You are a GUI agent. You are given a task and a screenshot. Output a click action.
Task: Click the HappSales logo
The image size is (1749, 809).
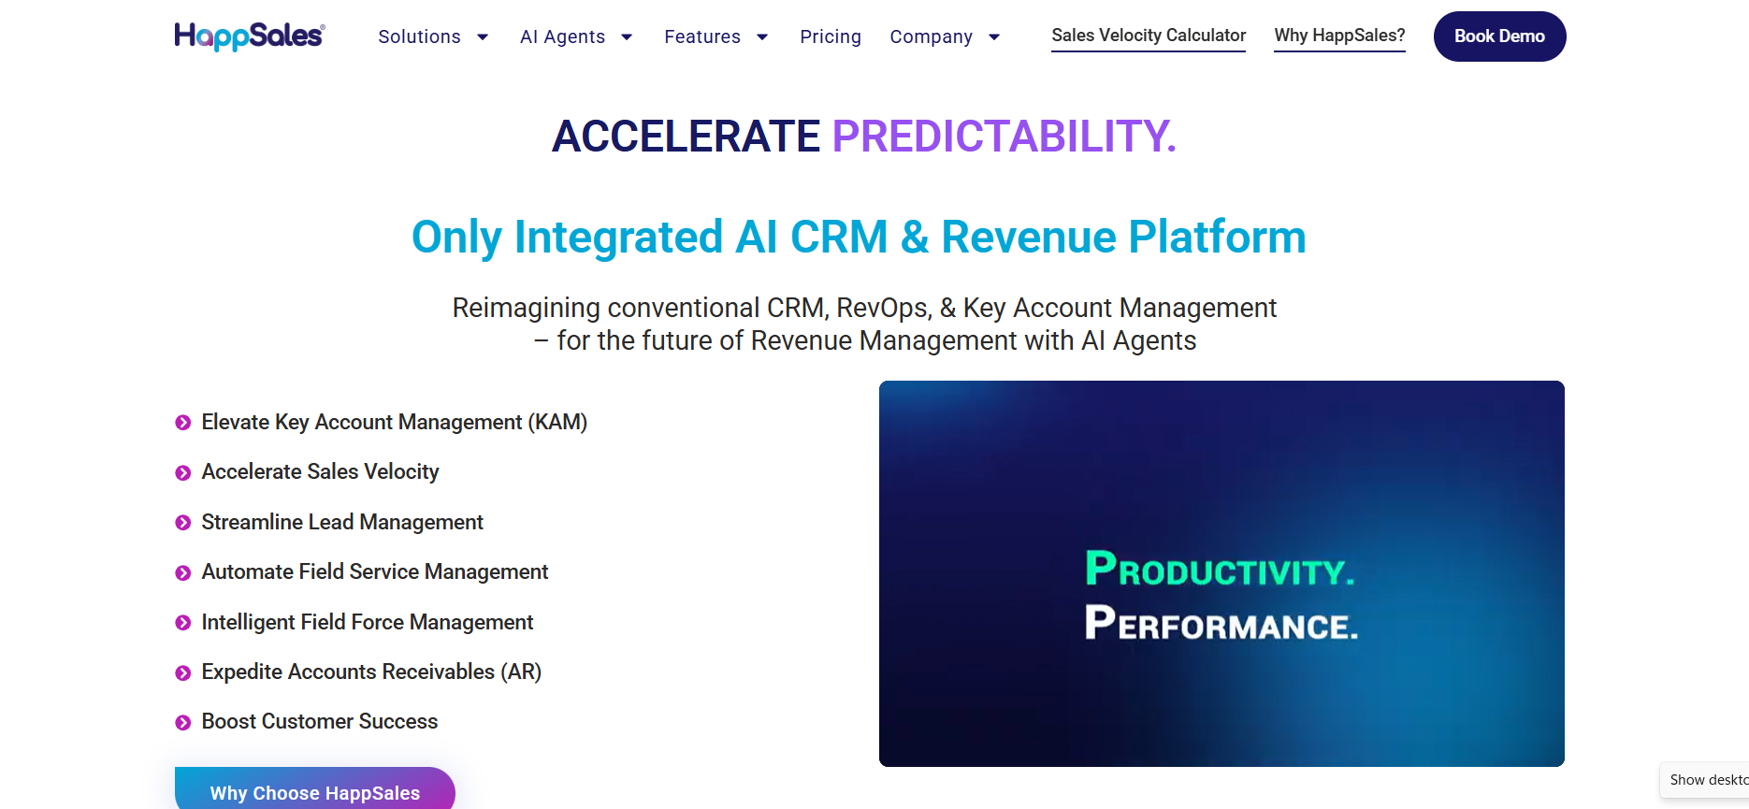click(250, 36)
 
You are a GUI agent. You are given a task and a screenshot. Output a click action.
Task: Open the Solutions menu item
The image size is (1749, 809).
click(419, 36)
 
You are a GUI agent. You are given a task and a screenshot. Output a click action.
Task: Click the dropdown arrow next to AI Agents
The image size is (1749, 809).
click(627, 37)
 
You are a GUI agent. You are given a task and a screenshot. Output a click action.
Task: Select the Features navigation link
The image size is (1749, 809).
click(702, 36)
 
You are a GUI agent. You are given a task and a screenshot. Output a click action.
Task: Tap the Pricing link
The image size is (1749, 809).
click(831, 36)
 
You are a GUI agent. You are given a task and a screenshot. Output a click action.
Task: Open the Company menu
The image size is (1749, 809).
click(932, 36)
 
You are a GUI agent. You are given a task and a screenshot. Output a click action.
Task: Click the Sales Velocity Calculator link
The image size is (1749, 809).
click(1149, 36)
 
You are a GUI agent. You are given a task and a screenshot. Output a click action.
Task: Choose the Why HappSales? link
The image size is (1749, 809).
click(1339, 36)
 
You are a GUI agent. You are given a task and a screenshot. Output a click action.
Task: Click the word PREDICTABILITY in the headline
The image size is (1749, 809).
click(1004, 137)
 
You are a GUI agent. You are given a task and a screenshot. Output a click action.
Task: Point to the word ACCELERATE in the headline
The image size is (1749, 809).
click(686, 137)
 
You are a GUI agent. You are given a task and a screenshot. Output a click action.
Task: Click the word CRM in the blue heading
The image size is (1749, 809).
click(838, 237)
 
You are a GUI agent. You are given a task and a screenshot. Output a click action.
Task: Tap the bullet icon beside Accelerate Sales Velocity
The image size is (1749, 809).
click(183, 473)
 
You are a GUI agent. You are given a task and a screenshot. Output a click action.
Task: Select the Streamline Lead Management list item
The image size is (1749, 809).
click(342, 522)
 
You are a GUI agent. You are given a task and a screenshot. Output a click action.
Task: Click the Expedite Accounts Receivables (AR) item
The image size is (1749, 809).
click(371, 672)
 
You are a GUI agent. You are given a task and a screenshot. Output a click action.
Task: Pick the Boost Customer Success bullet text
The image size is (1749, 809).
click(320, 721)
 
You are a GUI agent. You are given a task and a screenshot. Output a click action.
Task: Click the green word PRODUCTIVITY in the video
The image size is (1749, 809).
click(1220, 569)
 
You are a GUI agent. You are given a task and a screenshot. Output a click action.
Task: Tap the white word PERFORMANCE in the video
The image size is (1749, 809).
click(1221, 623)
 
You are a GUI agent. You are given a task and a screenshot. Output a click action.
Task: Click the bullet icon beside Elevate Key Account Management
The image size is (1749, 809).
click(183, 423)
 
